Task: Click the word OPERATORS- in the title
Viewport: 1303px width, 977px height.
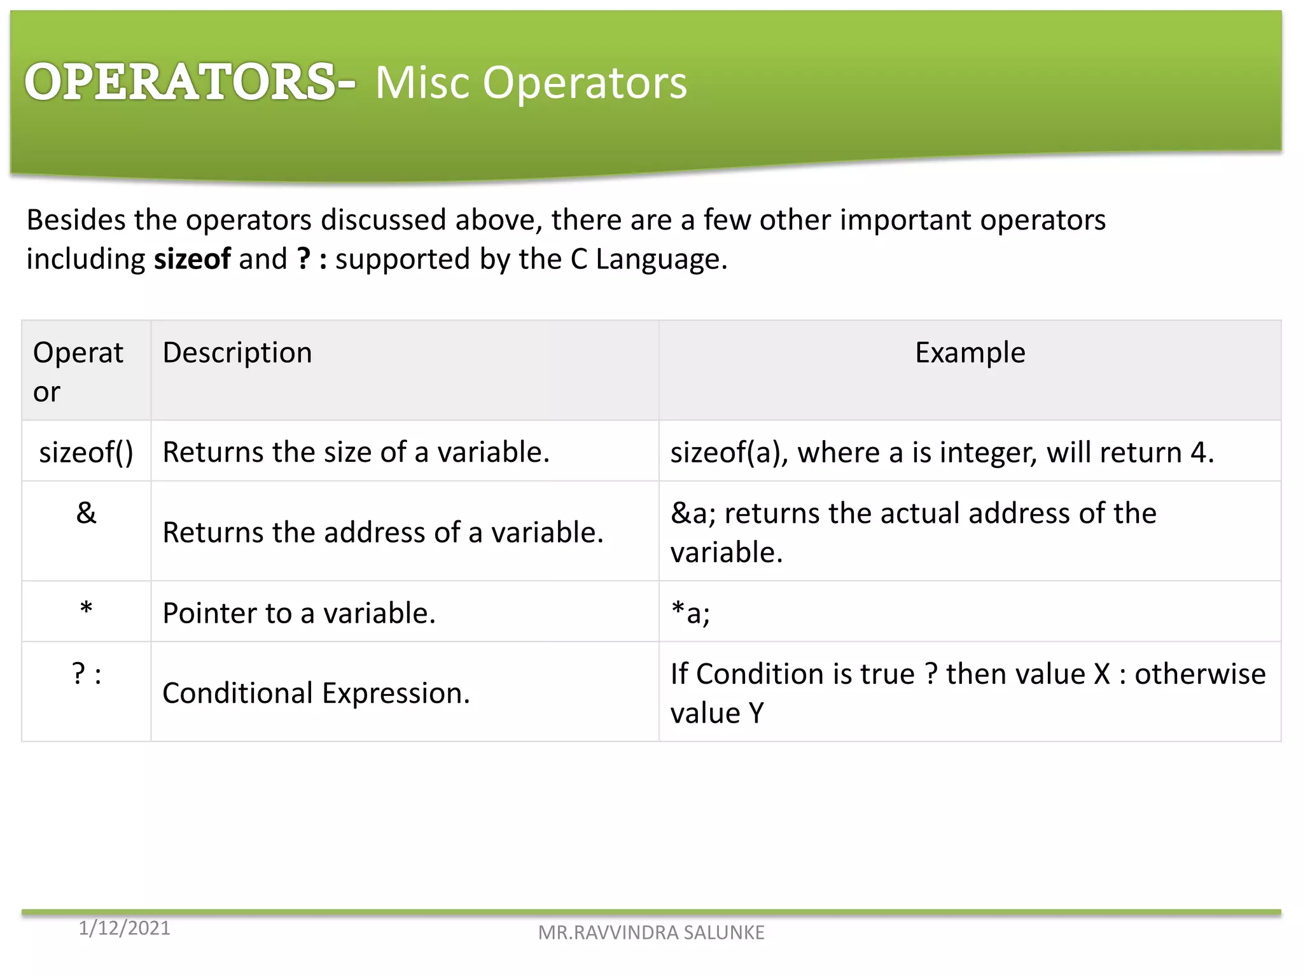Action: tap(189, 82)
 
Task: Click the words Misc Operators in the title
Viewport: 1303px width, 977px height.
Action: tap(531, 83)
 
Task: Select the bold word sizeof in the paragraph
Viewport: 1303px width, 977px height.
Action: tap(192, 260)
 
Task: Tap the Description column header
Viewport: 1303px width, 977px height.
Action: tap(237, 353)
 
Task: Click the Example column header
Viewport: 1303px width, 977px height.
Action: tap(970, 353)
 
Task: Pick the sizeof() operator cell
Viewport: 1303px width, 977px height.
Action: tap(86, 452)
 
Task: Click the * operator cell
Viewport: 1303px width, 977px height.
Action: tap(86, 611)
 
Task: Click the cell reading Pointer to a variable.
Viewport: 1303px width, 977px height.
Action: tap(299, 613)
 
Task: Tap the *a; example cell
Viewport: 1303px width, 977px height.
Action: tap(690, 613)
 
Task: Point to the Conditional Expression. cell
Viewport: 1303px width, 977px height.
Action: tap(316, 693)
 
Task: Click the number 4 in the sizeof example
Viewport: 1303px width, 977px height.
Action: tap(1199, 453)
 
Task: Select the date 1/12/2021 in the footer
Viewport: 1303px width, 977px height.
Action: tap(124, 928)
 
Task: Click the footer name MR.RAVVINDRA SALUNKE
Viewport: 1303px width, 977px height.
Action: tap(651, 932)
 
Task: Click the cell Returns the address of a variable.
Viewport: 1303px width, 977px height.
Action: tap(382, 532)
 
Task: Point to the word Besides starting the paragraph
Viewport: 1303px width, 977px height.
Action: tap(76, 220)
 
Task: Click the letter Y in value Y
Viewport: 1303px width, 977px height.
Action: tap(756, 713)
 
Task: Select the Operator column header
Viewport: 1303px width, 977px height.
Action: tap(78, 371)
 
